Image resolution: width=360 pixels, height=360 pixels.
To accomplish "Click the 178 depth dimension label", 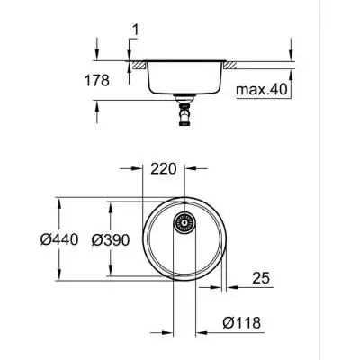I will [x=95, y=80].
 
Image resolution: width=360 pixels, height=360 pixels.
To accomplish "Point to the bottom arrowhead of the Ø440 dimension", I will [x=60, y=280].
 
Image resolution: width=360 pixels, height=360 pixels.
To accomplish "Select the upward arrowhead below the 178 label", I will [x=96, y=103].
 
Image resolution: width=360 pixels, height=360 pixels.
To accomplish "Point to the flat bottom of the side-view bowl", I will [x=185, y=92].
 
